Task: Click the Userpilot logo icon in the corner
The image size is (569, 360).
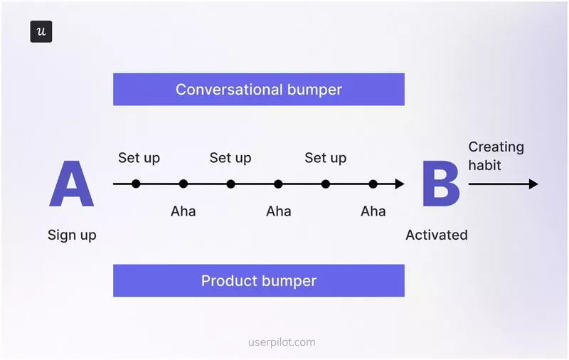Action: click(x=41, y=32)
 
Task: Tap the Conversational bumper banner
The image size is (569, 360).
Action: click(x=258, y=90)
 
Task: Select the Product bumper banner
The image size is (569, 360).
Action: click(x=258, y=280)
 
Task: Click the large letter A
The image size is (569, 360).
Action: click(x=71, y=184)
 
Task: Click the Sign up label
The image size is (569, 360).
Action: click(x=72, y=235)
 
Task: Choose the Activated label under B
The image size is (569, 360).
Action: click(x=436, y=235)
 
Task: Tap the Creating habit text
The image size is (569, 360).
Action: click(x=496, y=156)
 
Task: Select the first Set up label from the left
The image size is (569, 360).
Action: click(x=139, y=158)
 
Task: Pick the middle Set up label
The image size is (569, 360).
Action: click(x=230, y=158)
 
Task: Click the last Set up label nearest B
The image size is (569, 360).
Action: click(x=325, y=158)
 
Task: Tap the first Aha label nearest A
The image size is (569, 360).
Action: click(x=183, y=211)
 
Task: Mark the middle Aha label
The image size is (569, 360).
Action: click(x=278, y=211)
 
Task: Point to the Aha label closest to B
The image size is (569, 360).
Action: click(x=373, y=211)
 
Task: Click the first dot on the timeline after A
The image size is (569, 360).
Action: click(x=136, y=184)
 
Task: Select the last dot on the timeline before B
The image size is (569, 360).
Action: click(x=373, y=184)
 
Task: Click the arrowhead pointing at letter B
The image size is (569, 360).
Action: click(x=400, y=184)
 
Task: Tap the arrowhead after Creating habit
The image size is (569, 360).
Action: click(x=533, y=184)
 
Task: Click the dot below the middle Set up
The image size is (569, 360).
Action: click(x=230, y=184)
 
